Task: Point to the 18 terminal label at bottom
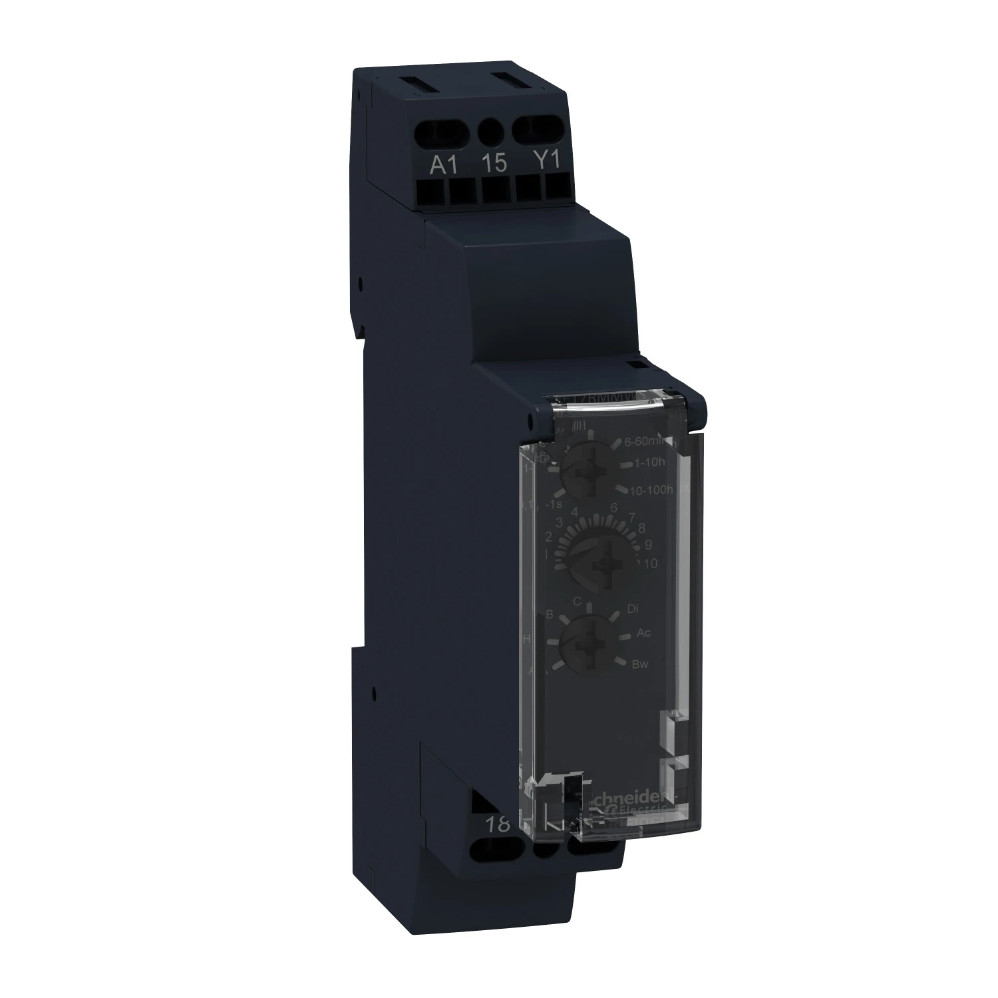497,824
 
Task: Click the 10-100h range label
651,490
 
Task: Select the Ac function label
643,633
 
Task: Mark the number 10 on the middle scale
650,564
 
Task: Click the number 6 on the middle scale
613,508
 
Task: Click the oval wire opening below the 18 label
496,850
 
